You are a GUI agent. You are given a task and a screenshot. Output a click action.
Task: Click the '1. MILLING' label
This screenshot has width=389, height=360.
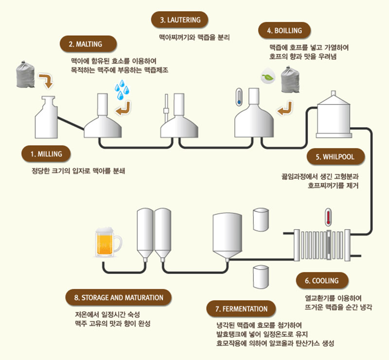click(x=46, y=154)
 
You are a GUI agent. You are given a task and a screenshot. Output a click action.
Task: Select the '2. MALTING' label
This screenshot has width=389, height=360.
click(x=85, y=44)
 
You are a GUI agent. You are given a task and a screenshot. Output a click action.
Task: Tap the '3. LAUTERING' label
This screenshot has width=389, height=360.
click(x=179, y=20)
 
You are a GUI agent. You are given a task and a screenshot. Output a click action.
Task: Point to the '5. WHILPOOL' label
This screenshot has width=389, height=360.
click(x=335, y=157)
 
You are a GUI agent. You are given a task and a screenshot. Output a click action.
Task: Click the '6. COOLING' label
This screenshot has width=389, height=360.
click(x=321, y=281)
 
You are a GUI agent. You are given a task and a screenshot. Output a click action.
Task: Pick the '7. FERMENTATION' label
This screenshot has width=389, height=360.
click(x=241, y=309)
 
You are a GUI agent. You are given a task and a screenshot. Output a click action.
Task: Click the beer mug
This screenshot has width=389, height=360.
click(x=107, y=242)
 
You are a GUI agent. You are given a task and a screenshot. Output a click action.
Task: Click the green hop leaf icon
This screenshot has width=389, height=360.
click(x=266, y=77)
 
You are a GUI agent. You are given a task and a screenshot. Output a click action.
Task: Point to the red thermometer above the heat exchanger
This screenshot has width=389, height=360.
click(x=329, y=217)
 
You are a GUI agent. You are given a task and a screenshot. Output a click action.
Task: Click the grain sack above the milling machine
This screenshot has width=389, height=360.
click(x=24, y=73)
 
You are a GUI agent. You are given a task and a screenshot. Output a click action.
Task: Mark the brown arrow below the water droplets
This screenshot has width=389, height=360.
click(x=125, y=107)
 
